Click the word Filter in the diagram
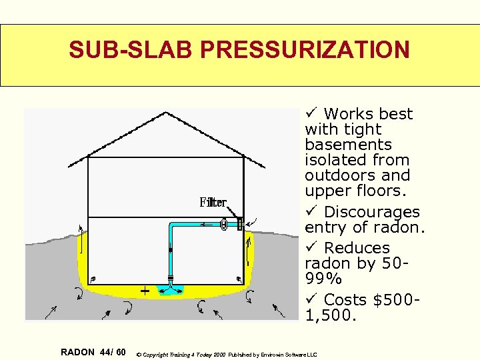(x=213, y=202)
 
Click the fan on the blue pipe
(x=225, y=225)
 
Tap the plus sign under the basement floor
(x=144, y=291)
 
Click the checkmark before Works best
(x=311, y=113)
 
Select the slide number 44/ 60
(x=112, y=351)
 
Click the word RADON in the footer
(x=77, y=351)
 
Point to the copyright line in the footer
(x=227, y=354)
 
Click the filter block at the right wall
(x=239, y=224)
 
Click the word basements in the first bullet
(x=348, y=145)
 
